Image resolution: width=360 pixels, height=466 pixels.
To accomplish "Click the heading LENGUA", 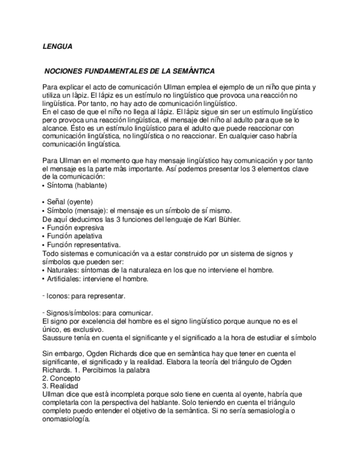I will point(57,47).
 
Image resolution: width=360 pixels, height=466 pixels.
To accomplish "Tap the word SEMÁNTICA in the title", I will point(195,72).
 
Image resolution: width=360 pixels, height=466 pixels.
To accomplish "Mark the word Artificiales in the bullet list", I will point(64,279).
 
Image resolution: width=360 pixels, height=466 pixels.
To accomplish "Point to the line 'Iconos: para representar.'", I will point(85,296).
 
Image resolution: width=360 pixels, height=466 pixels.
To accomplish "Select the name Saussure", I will point(58,337).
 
